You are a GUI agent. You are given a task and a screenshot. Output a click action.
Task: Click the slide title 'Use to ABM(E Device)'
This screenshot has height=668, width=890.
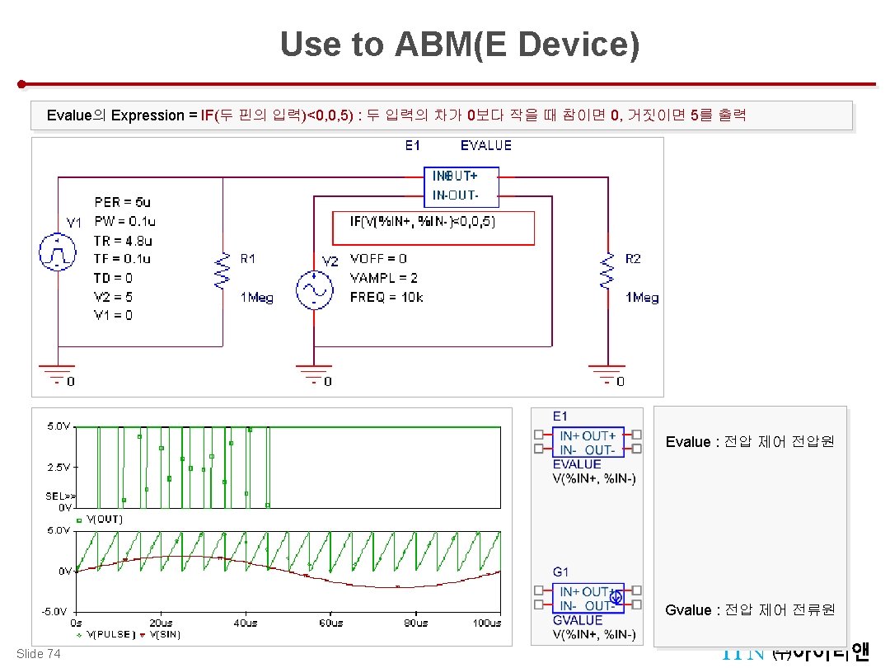pos(459,45)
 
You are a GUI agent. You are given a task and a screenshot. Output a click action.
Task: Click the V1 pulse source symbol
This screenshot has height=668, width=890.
pos(58,252)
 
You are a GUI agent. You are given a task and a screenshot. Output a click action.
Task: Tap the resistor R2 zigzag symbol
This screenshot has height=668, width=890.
pos(607,271)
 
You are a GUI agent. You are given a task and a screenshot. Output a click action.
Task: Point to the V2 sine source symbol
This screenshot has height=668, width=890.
pos(314,289)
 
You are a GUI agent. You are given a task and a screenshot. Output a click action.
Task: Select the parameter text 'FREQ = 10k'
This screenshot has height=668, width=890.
pos(386,297)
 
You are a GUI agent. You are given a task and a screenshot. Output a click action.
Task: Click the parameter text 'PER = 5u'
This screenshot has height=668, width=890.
pos(123,202)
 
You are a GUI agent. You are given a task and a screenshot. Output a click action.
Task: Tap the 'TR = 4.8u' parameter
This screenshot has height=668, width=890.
pos(124,241)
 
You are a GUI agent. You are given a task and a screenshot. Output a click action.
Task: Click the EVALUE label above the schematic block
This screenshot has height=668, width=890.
pos(485,146)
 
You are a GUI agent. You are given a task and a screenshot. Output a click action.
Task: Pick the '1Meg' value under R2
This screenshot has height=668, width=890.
pos(642,298)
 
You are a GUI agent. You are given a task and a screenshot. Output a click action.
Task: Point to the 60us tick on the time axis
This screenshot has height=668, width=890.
pos(330,623)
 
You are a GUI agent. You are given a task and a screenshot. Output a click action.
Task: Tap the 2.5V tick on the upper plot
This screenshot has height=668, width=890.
pos(58,467)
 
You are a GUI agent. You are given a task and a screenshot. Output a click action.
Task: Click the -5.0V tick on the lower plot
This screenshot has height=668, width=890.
pos(56,611)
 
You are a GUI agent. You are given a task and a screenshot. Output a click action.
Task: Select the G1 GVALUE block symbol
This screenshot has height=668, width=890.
pos(588,599)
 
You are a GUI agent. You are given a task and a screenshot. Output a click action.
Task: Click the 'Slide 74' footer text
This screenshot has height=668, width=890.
pos(38,654)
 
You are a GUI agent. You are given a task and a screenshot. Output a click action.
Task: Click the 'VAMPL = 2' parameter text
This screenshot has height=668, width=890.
pos(383,278)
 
